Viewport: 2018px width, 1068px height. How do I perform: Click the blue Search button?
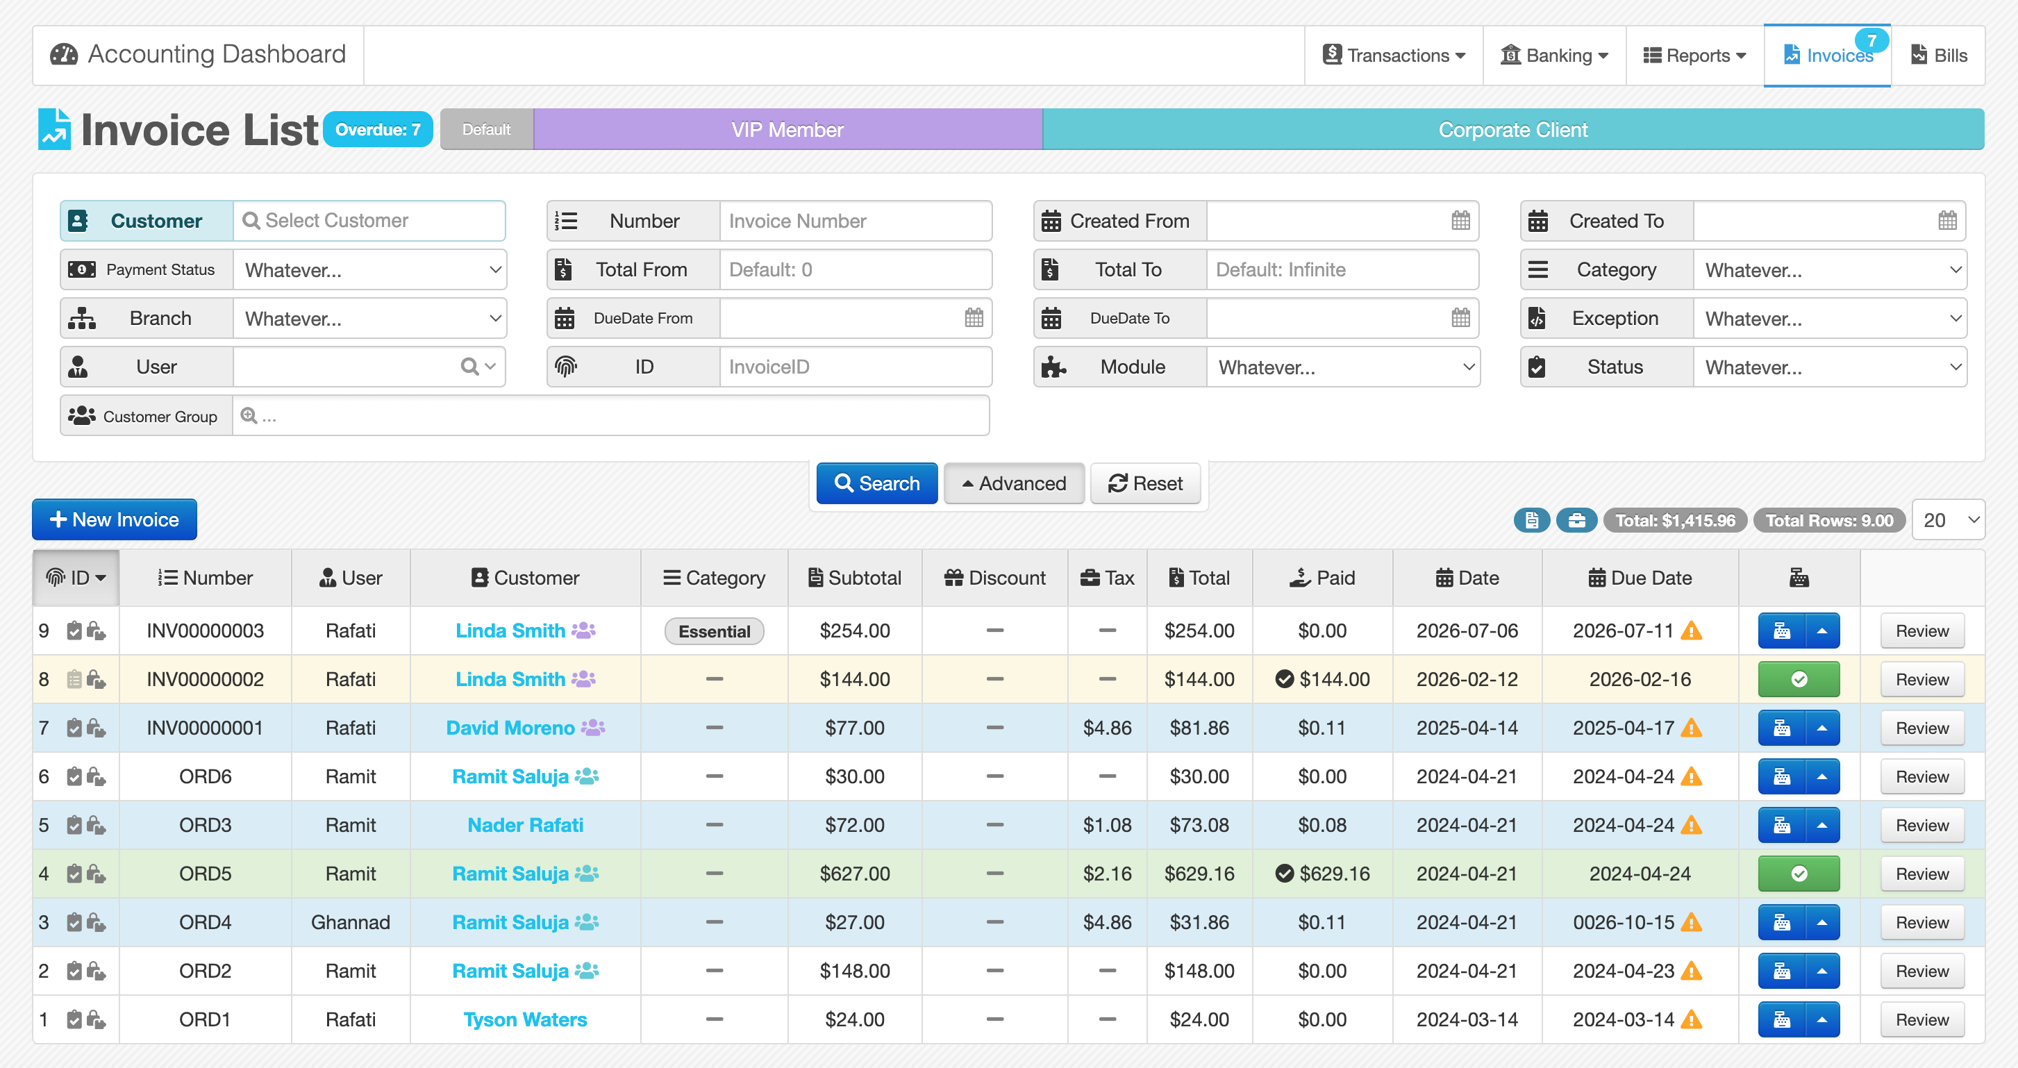tap(876, 483)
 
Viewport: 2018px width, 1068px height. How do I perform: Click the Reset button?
tap(1144, 483)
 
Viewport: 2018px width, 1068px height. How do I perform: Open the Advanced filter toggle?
tap(1014, 483)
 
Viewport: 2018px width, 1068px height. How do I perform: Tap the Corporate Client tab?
tap(1512, 129)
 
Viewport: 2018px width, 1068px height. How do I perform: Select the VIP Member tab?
tap(787, 129)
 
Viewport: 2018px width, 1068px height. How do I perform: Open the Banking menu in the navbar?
tap(1554, 56)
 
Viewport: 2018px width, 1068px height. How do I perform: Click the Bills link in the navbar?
tap(1939, 56)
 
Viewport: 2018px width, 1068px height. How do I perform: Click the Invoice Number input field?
tap(856, 221)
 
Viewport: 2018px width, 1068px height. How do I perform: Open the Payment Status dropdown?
tap(369, 269)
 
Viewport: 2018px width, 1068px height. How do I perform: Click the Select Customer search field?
tap(369, 221)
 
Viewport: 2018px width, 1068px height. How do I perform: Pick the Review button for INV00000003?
tap(1921, 631)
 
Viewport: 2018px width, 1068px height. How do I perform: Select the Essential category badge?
tap(714, 631)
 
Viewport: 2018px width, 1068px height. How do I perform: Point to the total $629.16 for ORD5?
tap(1199, 874)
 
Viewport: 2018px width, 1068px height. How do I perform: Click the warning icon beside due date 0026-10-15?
tap(1692, 922)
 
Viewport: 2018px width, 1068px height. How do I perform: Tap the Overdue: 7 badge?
tap(378, 129)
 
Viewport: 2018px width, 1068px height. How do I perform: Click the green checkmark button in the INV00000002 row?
tap(1799, 679)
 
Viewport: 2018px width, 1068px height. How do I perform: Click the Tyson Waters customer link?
tap(525, 1019)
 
